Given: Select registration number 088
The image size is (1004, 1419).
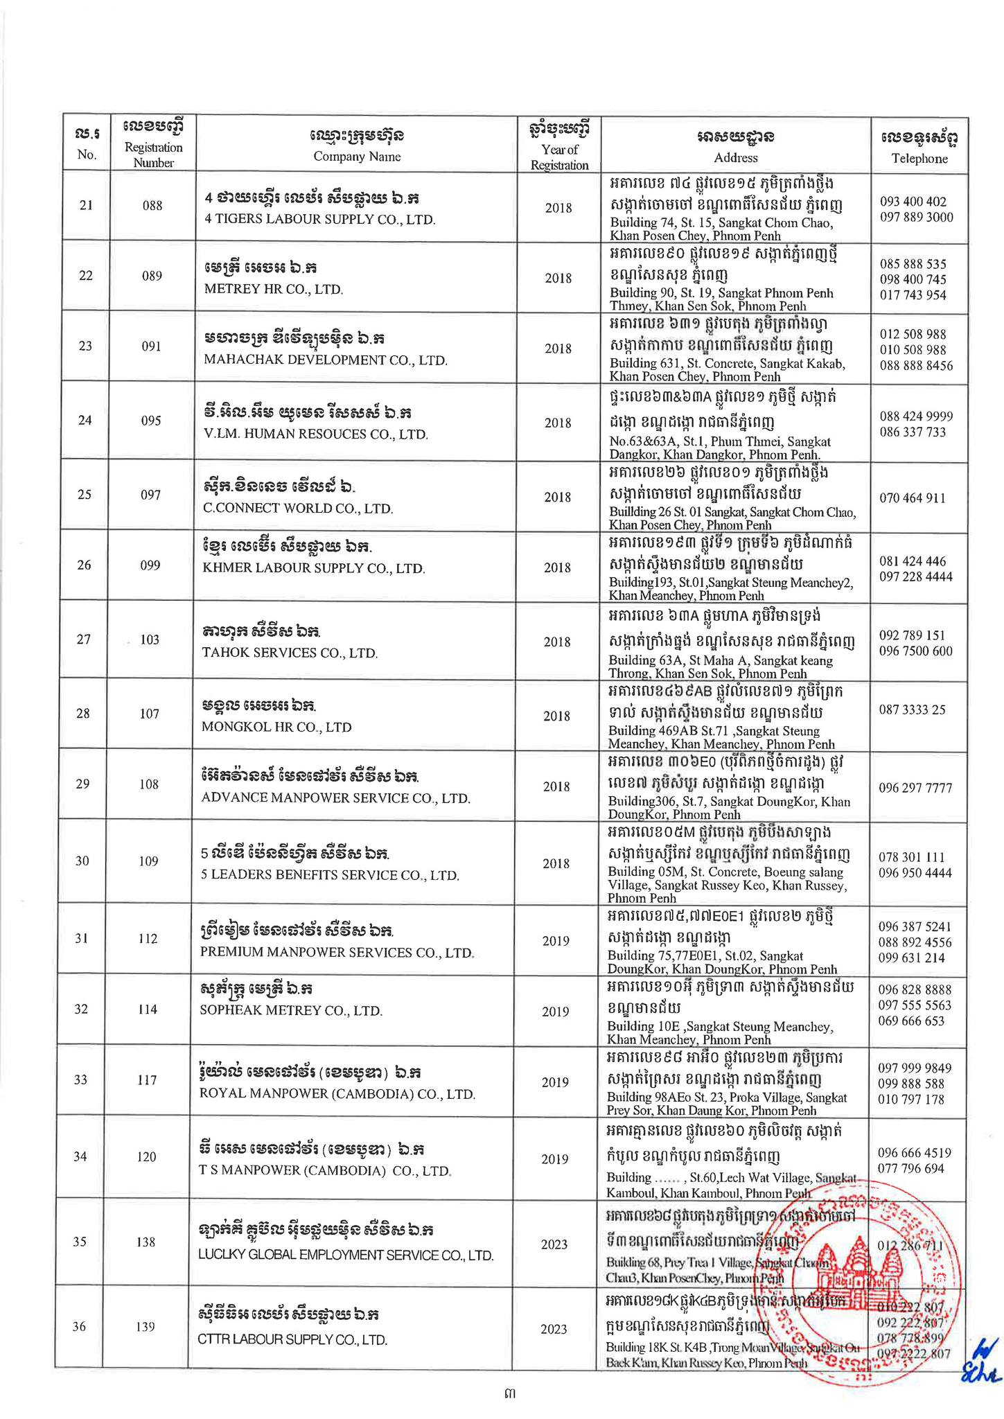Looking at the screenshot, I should [x=152, y=205].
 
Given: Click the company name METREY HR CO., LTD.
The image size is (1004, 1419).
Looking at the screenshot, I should [x=274, y=289].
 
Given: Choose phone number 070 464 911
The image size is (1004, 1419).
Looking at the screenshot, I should [x=912, y=497].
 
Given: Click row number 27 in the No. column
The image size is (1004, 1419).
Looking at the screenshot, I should [x=83, y=639].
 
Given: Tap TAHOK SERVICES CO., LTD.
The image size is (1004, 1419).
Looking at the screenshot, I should [x=290, y=653].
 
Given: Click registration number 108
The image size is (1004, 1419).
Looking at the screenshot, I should [x=149, y=784].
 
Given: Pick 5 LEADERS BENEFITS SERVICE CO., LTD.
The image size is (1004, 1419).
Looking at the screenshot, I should [x=330, y=875].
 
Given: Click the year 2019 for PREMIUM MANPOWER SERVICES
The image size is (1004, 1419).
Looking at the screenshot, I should [x=556, y=941].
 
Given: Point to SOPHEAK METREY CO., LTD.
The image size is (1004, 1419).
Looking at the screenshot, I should [x=291, y=1010].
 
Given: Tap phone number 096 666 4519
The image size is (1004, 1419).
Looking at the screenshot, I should [x=914, y=1153].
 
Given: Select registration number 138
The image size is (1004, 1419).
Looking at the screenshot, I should [x=146, y=1242].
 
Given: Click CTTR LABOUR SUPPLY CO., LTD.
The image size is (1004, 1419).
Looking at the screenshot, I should [x=292, y=1340].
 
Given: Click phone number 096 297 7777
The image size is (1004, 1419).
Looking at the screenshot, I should [x=915, y=788].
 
